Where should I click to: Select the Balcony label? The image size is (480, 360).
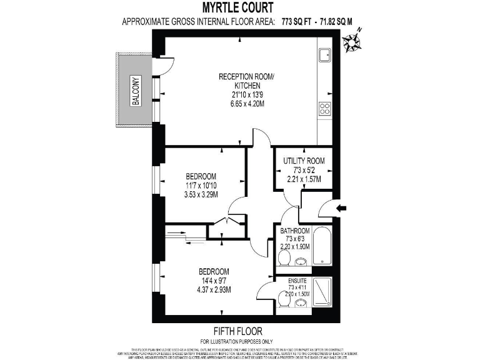point(135,91)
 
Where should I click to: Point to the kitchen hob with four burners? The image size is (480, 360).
point(325,109)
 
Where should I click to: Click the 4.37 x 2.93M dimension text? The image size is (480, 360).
point(214,289)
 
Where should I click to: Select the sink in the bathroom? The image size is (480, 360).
point(301,261)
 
